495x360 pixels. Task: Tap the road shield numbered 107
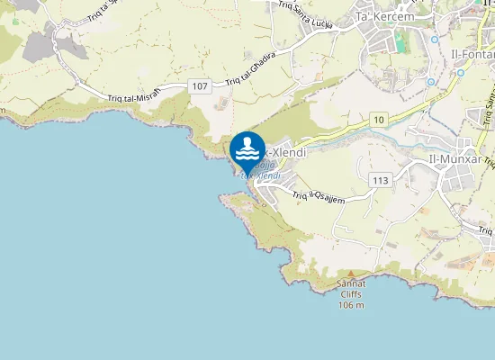(x=200, y=86)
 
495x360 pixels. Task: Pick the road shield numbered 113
(x=379, y=180)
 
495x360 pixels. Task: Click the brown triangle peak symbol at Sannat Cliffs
(x=351, y=273)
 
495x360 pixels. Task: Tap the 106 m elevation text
(x=351, y=305)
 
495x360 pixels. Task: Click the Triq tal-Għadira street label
(x=250, y=68)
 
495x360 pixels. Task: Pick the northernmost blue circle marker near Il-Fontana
(x=434, y=40)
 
